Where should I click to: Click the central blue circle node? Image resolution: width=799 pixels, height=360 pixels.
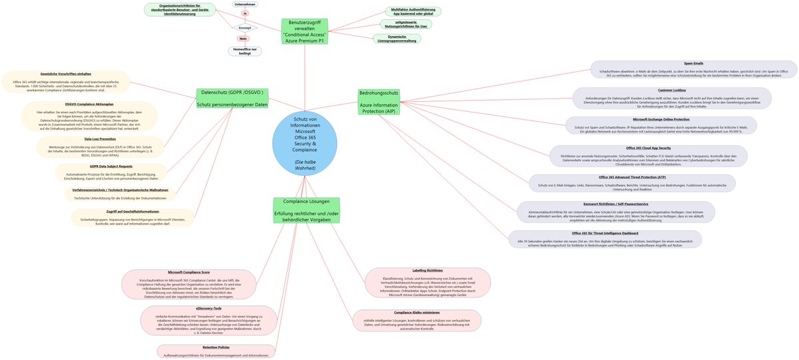305,143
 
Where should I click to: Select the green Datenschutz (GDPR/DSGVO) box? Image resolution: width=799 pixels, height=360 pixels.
232,98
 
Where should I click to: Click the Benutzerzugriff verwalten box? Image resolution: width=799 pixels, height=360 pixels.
304,31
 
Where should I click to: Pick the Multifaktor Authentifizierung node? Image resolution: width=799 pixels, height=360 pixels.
413,11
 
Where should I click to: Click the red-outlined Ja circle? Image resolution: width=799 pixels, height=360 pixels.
245,13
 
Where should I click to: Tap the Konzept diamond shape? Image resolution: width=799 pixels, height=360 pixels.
245,28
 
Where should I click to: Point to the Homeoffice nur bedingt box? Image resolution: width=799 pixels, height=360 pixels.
245,50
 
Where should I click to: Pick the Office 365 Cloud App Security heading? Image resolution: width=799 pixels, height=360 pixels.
648,148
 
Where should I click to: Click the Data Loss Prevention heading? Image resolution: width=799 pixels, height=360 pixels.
101,139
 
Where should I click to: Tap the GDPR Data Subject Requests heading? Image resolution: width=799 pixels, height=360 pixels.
111,166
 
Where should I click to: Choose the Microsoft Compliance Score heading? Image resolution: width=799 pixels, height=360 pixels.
189,272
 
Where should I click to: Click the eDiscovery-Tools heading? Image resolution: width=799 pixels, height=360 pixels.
209,308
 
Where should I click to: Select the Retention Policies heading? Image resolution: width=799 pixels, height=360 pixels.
216,347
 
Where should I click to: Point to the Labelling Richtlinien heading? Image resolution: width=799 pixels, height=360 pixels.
427,271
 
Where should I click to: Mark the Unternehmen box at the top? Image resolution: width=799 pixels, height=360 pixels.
245,4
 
